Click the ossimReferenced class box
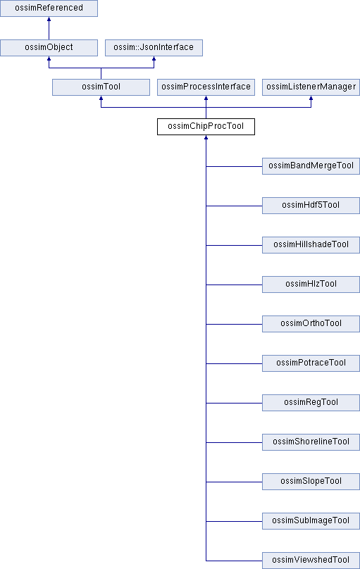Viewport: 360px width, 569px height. coord(49,8)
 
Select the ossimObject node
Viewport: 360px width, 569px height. coord(49,48)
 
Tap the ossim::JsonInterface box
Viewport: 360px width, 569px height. coord(154,48)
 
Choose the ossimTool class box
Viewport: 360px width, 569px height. coord(101,87)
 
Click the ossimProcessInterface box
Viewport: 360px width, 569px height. coord(206,87)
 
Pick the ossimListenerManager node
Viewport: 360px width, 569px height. coord(311,87)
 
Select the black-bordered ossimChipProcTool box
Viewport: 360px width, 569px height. coord(206,127)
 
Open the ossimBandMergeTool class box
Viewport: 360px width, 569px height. coord(311,166)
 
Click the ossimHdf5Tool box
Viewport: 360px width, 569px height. coord(311,206)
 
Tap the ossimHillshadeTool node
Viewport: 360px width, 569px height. coord(311,245)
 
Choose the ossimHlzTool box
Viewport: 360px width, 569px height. coord(311,284)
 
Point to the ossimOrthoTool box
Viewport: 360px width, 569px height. coord(311,324)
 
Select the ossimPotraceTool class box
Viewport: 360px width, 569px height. coord(311,363)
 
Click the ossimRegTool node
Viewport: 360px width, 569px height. coord(311,403)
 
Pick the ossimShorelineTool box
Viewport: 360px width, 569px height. coord(311,442)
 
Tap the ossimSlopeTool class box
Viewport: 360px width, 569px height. coord(311,482)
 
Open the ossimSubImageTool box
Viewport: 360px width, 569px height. coord(311,521)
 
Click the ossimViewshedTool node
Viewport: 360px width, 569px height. coord(311,561)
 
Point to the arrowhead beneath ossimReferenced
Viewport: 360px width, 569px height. coord(49,18)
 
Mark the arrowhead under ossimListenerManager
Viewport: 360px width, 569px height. coord(311,98)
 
